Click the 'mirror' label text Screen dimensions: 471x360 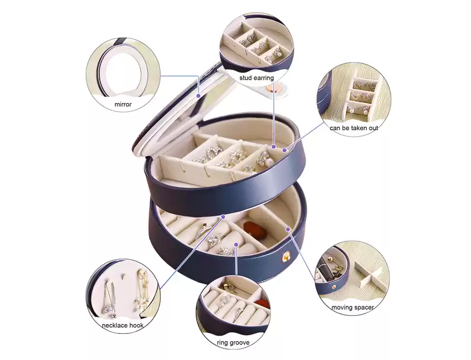click(x=123, y=105)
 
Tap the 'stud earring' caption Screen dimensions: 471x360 click(x=257, y=78)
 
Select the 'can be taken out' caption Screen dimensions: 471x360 click(x=354, y=128)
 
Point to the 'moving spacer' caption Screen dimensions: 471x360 click(x=352, y=307)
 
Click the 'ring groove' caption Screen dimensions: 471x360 click(x=233, y=343)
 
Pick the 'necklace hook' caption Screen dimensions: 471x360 click(x=122, y=325)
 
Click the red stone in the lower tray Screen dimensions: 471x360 click(x=255, y=230)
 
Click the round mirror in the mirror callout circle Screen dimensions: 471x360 click(x=123, y=72)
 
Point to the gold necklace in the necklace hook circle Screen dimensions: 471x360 click(x=142, y=289)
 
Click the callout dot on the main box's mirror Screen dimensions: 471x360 click(x=198, y=96)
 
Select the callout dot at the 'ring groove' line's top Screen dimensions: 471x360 click(x=237, y=245)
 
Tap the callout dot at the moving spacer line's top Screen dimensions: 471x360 click(x=288, y=229)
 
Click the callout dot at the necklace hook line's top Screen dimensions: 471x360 click(x=223, y=217)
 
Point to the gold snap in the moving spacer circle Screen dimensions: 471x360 click(x=332, y=287)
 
